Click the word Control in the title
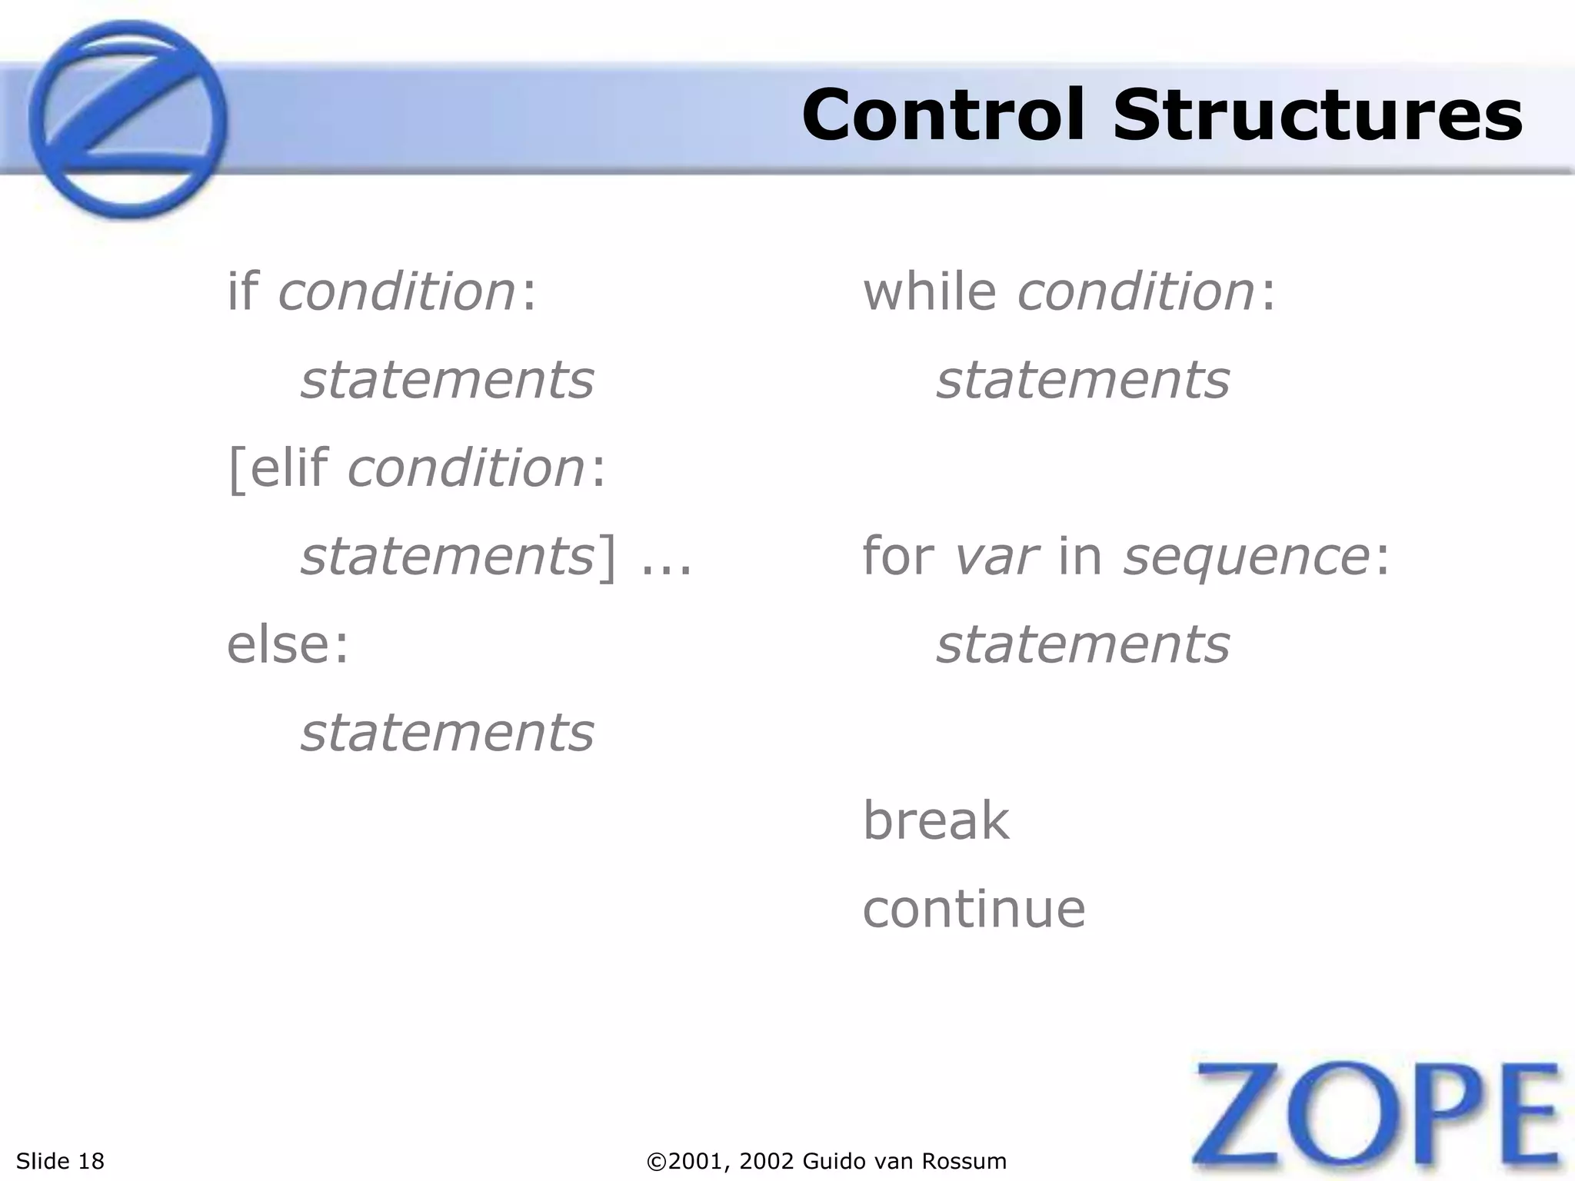click(x=945, y=115)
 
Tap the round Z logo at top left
click(x=128, y=119)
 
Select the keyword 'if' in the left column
click(x=242, y=292)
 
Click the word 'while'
click(x=930, y=292)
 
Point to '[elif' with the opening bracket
click(x=278, y=468)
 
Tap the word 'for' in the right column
click(x=897, y=556)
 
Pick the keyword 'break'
click(x=935, y=820)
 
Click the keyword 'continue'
click(x=974, y=909)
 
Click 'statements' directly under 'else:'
click(x=448, y=733)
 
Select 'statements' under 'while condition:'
click(x=1083, y=381)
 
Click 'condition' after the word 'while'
click(x=1136, y=292)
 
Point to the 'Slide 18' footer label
click(x=60, y=1161)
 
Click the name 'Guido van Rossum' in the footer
click(x=904, y=1161)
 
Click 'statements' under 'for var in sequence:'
click(x=1083, y=644)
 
